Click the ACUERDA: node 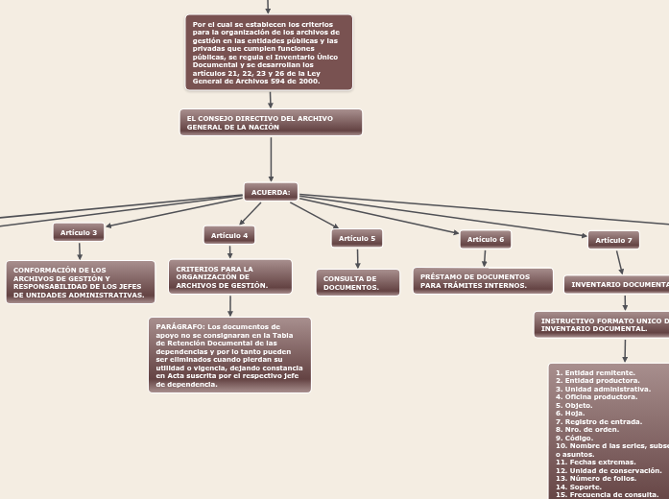point(271,192)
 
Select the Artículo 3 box point(79,232)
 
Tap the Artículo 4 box point(229,235)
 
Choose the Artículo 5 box point(357,238)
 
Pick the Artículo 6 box point(486,239)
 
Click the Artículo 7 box point(613,240)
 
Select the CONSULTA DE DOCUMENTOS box point(357,282)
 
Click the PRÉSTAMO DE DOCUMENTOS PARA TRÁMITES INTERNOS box point(484,280)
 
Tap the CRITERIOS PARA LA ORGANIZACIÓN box point(230,276)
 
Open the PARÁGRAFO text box point(229,355)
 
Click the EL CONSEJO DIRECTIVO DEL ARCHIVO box point(271,122)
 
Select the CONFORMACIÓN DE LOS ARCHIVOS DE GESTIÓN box point(80,282)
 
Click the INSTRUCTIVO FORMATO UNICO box point(603,324)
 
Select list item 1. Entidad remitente point(595,372)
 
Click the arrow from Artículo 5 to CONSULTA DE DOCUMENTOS point(357,258)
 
